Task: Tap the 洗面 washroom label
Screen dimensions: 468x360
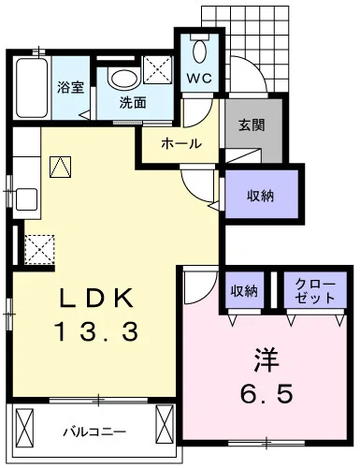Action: (x=132, y=104)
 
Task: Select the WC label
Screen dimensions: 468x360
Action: (x=199, y=79)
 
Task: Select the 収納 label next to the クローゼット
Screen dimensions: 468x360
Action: (x=245, y=291)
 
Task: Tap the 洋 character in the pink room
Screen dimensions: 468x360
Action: (x=264, y=358)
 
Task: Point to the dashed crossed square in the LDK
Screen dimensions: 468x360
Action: (x=40, y=249)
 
